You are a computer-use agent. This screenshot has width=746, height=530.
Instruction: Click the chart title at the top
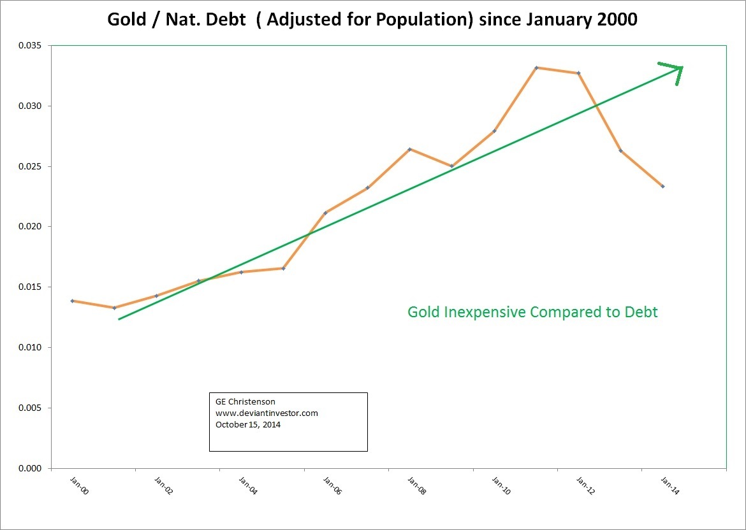tap(372, 19)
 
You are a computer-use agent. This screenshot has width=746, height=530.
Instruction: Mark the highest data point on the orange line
tap(536, 68)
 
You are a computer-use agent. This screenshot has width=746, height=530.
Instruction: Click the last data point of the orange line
tap(662, 186)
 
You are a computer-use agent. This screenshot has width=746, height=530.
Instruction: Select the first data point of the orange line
tap(73, 301)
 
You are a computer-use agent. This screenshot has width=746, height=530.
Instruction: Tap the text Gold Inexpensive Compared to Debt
tap(532, 312)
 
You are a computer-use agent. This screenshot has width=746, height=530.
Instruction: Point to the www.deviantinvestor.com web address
tap(267, 413)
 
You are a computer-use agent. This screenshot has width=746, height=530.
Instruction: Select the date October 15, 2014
tap(248, 424)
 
